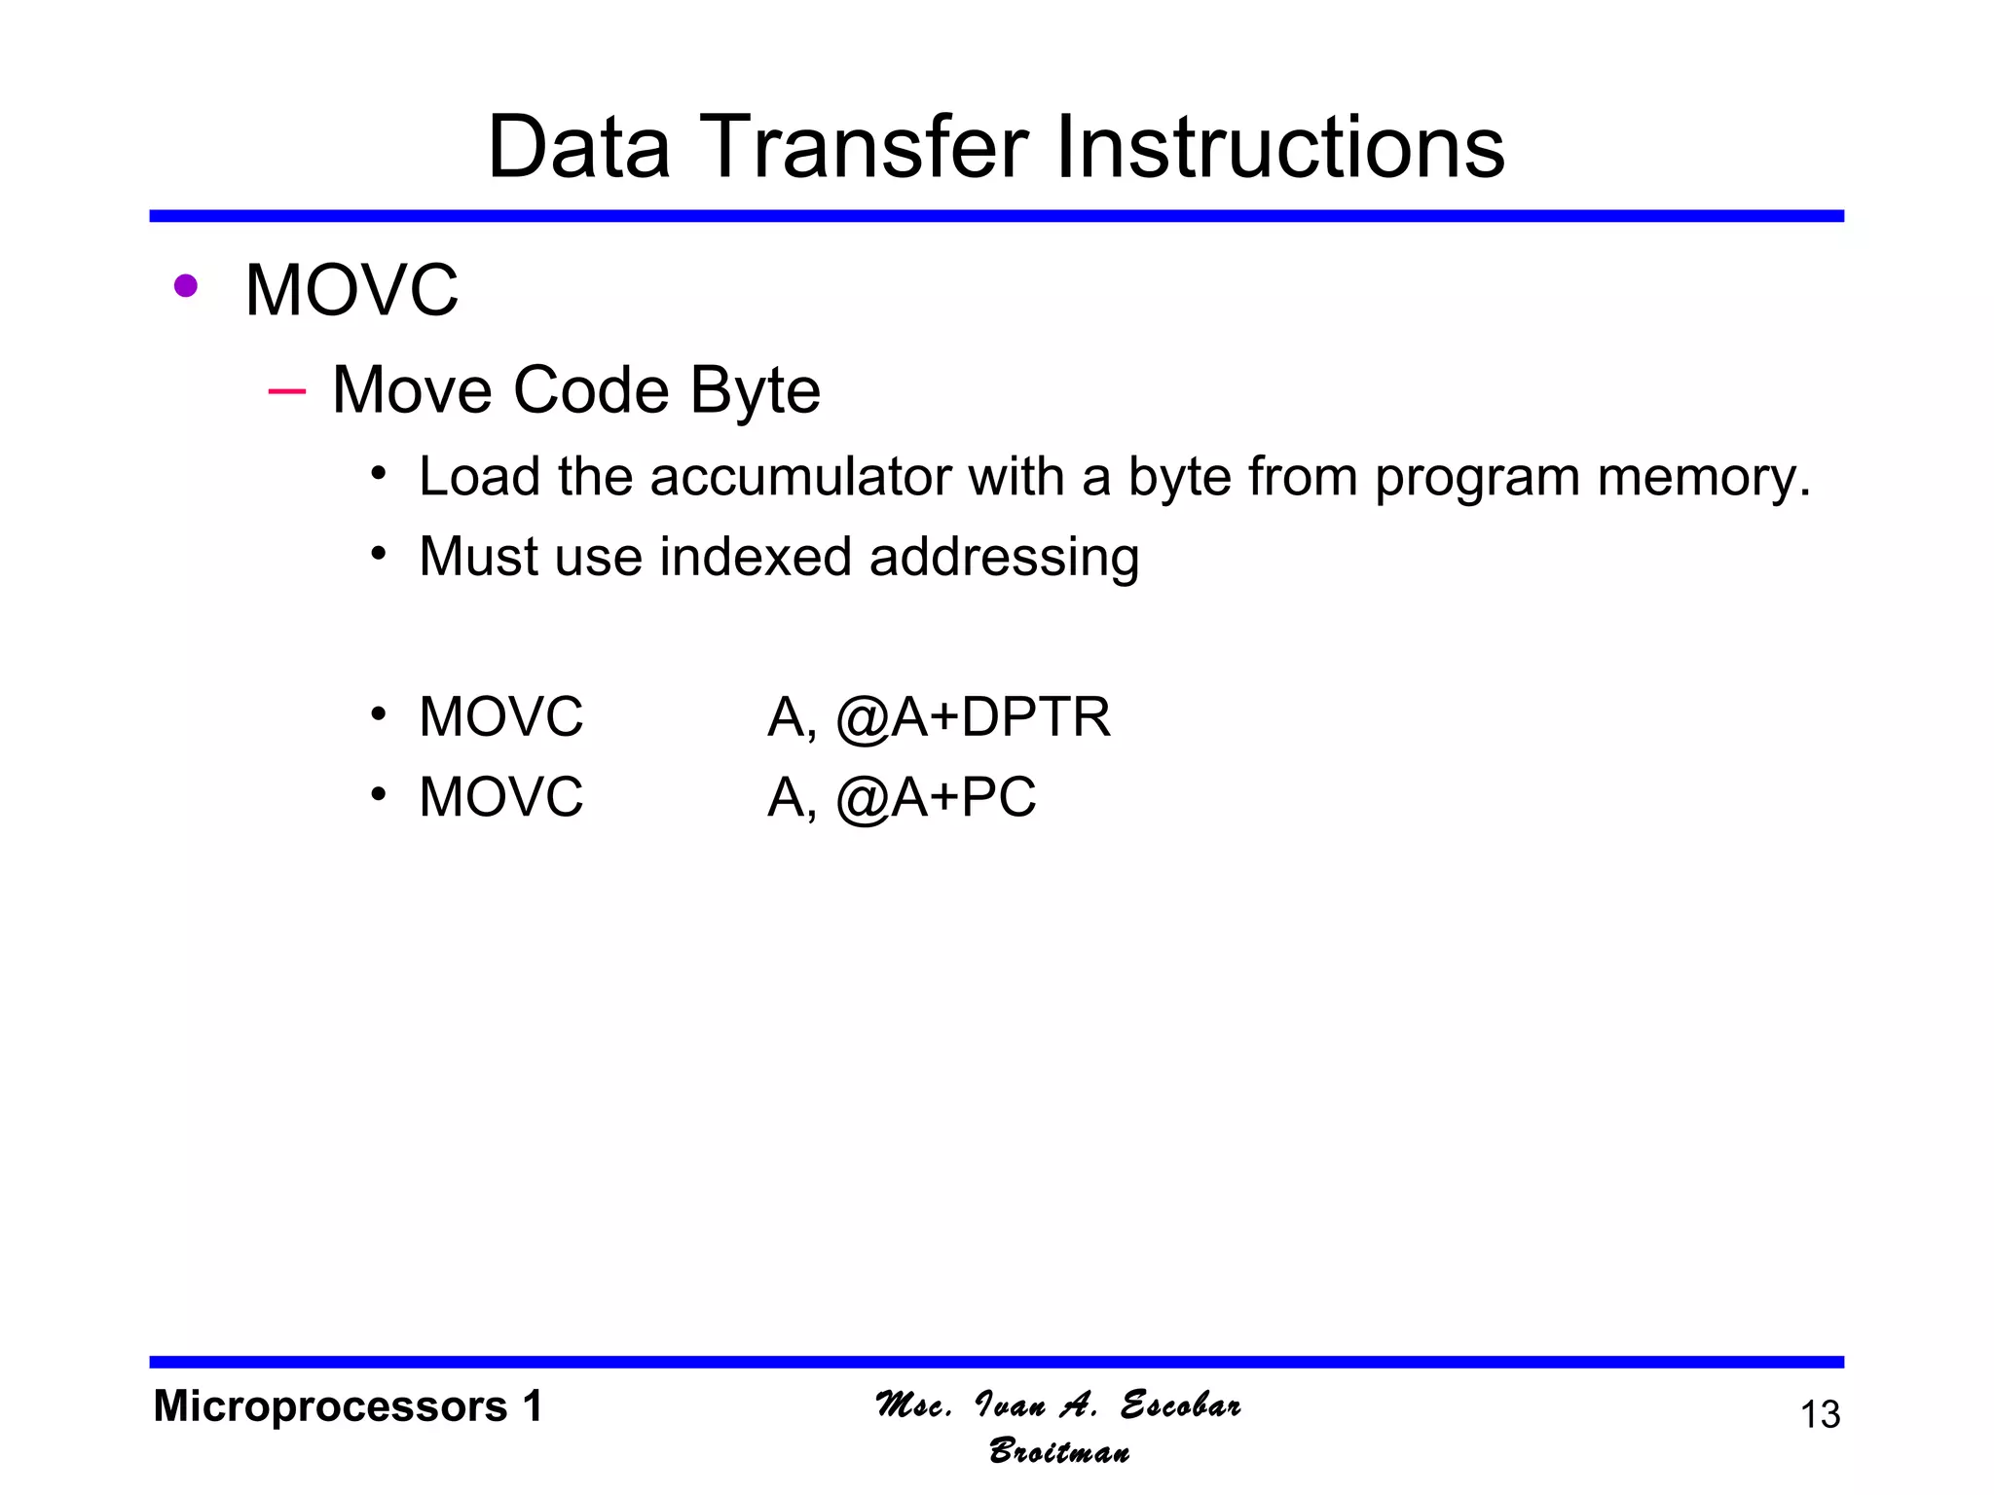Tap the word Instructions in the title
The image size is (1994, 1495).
pos(1279,148)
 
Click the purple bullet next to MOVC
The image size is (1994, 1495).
pos(185,286)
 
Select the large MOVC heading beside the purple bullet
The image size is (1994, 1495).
pos(351,290)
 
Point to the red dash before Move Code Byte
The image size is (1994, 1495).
pos(286,391)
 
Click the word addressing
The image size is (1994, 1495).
pos(1004,557)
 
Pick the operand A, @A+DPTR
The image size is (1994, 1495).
pos(939,717)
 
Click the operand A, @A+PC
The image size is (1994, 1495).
pos(902,797)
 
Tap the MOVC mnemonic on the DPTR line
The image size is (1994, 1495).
pos(500,717)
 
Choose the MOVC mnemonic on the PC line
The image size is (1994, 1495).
pos(500,797)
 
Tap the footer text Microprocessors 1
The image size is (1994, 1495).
pos(348,1406)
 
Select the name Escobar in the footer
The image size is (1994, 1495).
pos(1180,1405)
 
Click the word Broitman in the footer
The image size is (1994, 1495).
pos(1059,1451)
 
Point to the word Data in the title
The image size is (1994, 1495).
pos(579,148)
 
